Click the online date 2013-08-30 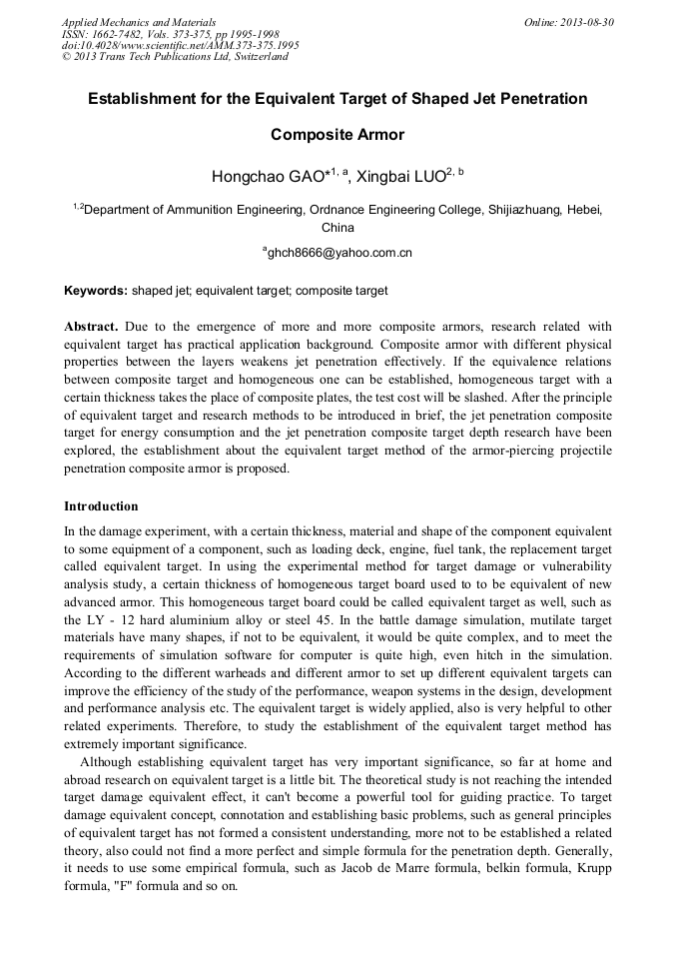tap(588, 21)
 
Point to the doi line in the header tap(180, 45)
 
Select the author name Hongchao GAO tap(267, 177)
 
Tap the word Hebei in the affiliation tap(582, 211)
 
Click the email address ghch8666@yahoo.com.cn tap(339, 254)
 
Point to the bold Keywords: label tap(96, 291)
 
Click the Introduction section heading tap(101, 506)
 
